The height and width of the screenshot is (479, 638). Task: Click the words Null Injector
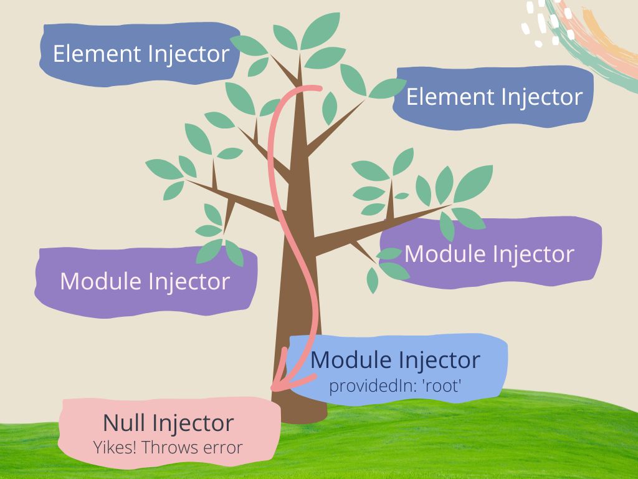168,423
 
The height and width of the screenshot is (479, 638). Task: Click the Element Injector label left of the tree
141,54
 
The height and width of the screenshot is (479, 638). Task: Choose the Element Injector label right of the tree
494,97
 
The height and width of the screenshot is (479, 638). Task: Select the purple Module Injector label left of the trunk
145,281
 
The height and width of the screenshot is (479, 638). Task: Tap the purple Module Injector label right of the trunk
489,254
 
